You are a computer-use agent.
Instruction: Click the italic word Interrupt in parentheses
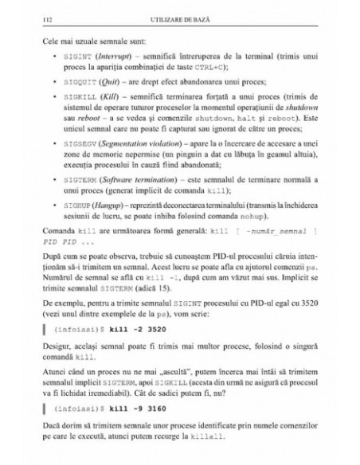[110, 57]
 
